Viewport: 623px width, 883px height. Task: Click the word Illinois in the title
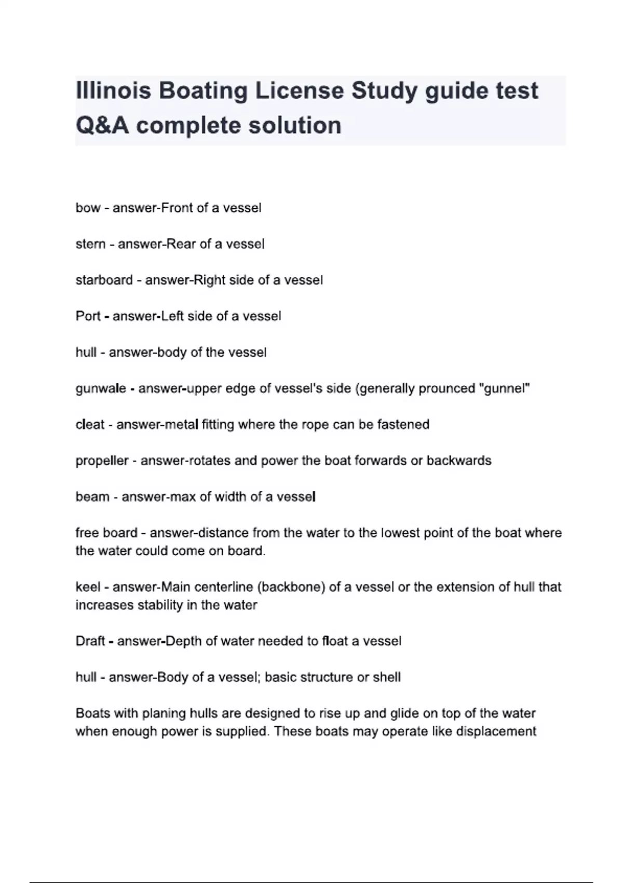coord(114,91)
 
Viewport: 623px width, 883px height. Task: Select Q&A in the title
coord(102,126)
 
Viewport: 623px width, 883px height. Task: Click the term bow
coord(88,208)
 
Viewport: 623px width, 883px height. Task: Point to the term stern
coord(90,244)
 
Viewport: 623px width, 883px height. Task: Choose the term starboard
coord(104,280)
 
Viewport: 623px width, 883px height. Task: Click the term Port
coord(88,316)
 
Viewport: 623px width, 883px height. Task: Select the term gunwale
coord(100,389)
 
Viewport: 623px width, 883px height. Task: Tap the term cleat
coord(90,425)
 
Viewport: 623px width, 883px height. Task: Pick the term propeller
coord(102,461)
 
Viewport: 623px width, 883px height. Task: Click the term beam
coord(92,497)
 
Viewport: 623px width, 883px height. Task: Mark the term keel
coord(88,587)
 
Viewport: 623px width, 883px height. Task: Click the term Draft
coord(90,641)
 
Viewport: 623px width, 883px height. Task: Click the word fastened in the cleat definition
coord(403,425)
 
